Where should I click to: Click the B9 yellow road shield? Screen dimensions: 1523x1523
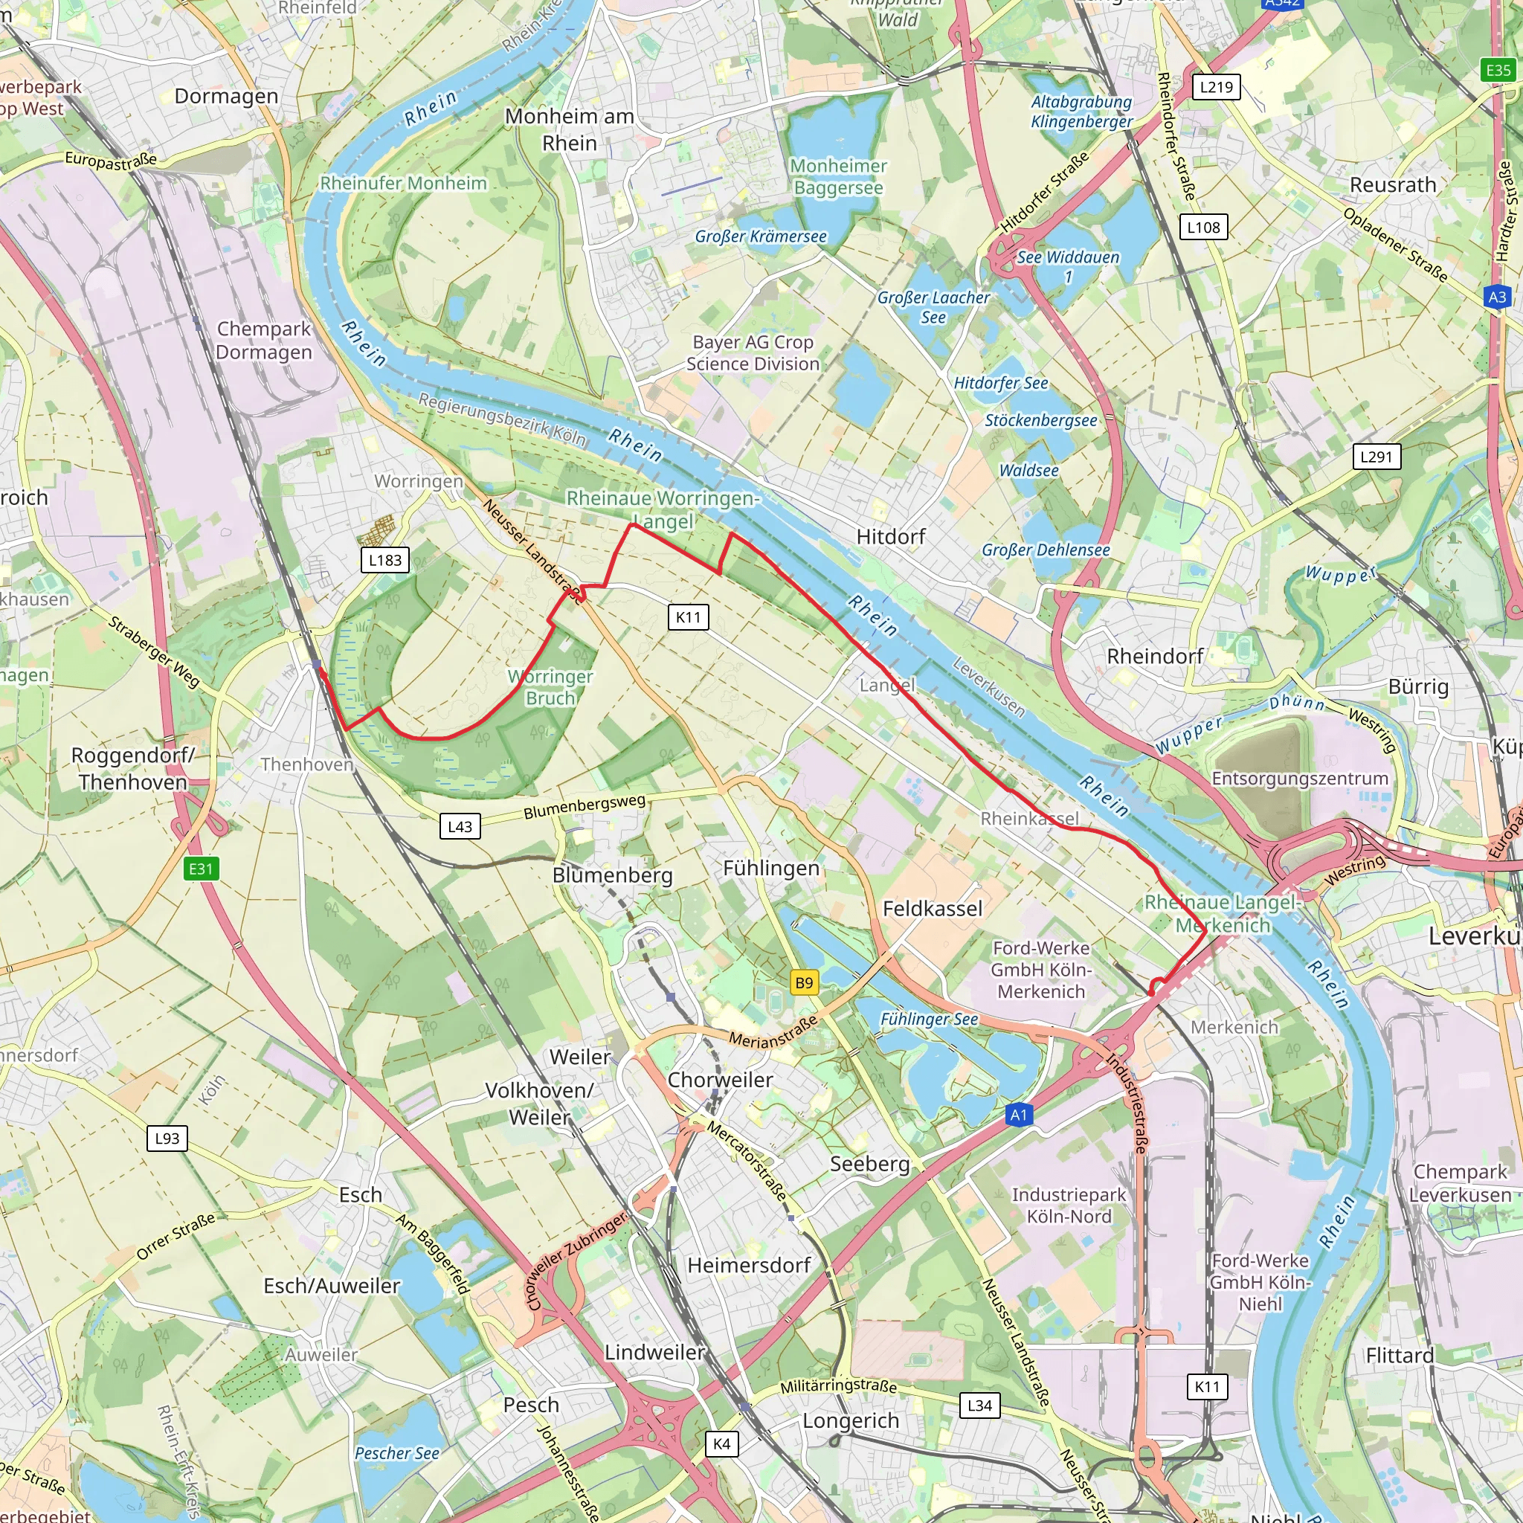click(803, 982)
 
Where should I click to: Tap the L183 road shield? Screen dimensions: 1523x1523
click(384, 560)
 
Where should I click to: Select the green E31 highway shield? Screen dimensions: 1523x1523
click(200, 869)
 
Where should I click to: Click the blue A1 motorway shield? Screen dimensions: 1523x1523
click(1019, 1115)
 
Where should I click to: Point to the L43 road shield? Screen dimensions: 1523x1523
click(460, 826)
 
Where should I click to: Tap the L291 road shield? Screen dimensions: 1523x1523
click(1377, 457)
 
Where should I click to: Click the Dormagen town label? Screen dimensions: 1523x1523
click(226, 96)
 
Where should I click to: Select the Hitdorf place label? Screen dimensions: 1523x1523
click(891, 537)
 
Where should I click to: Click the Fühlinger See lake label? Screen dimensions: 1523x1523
click(929, 1020)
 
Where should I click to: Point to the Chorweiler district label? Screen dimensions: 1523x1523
click(720, 1079)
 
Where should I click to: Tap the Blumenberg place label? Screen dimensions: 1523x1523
click(613, 875)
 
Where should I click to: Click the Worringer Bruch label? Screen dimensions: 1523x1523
click(550, 687)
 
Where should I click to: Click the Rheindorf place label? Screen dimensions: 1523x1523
click(1155, 657)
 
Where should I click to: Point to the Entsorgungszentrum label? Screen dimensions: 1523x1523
click(1299, 779)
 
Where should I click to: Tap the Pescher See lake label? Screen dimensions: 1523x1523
click(396, 1453)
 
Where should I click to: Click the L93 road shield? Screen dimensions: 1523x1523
click(167, 1138)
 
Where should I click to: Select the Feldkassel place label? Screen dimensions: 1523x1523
click(933, 909)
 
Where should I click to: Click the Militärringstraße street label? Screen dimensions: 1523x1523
click(838, 1386)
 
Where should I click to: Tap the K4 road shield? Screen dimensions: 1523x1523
click(721, 1443)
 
